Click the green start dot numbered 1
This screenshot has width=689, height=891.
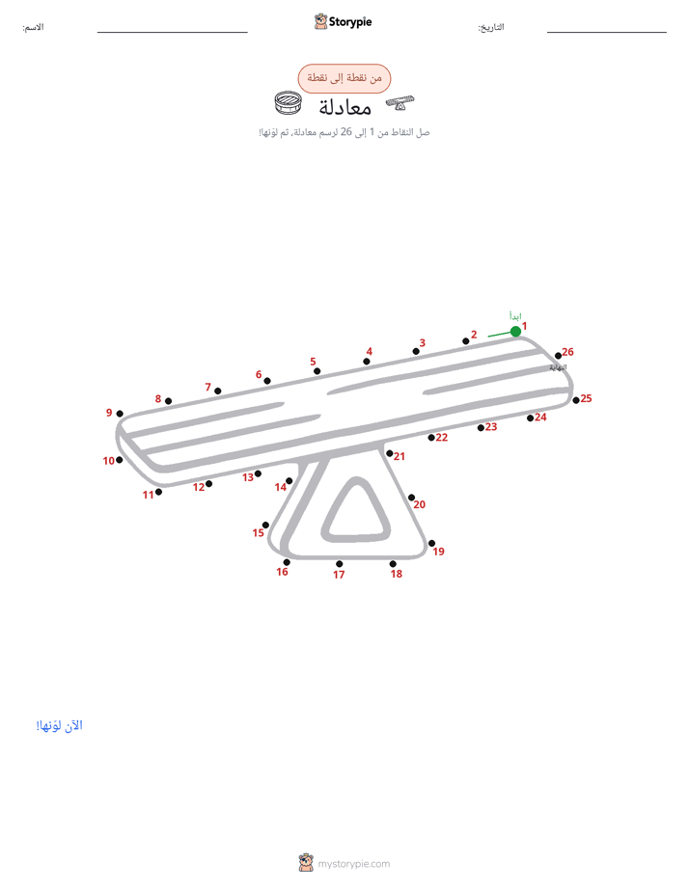coord(515,332)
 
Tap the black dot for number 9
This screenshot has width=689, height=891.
coord(120,414)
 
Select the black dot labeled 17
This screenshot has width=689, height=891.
coord(340,564)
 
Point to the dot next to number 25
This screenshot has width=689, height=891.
coord(576,400)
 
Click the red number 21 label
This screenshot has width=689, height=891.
coord(400,456)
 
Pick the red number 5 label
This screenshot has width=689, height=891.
coord(313,362)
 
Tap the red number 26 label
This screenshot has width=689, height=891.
coord(568,352)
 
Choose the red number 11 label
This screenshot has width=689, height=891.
coord(149,495)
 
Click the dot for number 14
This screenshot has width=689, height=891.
coord(289,481)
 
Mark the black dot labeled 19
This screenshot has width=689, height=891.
coord(431,543)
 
